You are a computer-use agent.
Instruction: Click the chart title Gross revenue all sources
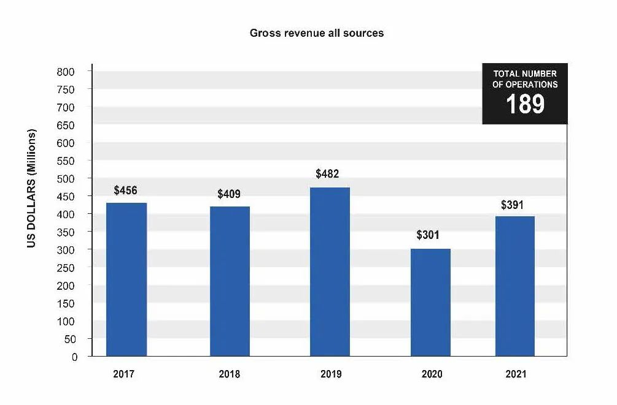(x=317, y=33)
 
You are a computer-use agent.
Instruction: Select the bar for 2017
(x=126, y=279)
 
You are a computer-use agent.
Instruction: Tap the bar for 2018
(x=230, y=281)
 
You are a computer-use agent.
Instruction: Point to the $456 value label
(x=126, y=191)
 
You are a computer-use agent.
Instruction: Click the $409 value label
(x=229, y=194)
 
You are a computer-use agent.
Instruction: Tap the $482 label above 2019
(x=328, y=174)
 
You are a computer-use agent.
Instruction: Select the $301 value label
(x=428, y=235)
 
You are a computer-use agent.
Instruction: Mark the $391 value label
(x=512, y=205)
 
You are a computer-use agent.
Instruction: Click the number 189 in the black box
(x=525, y=104)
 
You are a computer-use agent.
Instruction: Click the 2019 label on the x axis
(x=331, y=374)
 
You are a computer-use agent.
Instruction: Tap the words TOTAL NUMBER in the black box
(x=525, y=74)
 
